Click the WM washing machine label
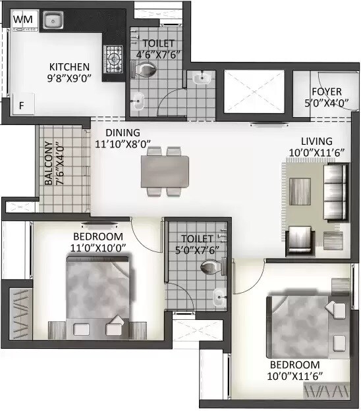point(22,20)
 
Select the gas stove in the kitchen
point(113,59)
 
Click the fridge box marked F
point(21,105)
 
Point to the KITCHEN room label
point(69,66)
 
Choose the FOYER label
point(327,91)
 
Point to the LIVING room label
point(317,142)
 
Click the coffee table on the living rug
point(300,192)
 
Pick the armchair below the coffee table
point(300,235)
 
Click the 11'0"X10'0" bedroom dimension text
point(99,247)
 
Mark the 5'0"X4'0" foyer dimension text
point(327,103)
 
